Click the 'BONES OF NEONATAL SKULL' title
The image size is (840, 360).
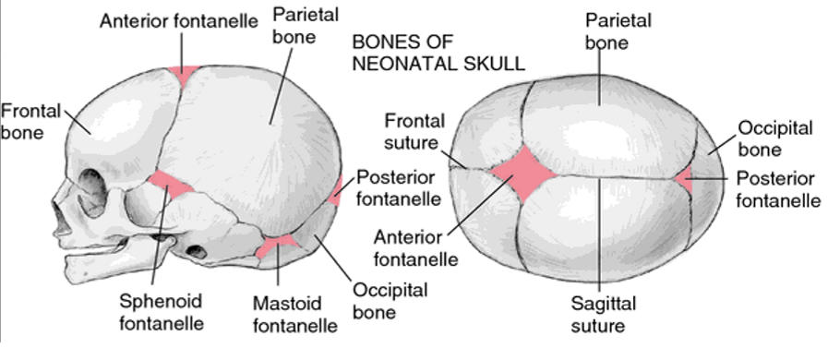coord(439,52)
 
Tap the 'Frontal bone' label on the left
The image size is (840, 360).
coord(30,122)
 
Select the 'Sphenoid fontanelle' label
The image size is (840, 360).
coord(162,312)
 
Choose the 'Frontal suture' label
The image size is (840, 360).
coord(414,132)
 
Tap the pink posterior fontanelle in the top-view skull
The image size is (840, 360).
coord(685,177)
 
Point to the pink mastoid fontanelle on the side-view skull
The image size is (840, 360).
coord(277,246)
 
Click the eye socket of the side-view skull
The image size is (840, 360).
coord(88,195)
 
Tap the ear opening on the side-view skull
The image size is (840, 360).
coord(198,249)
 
